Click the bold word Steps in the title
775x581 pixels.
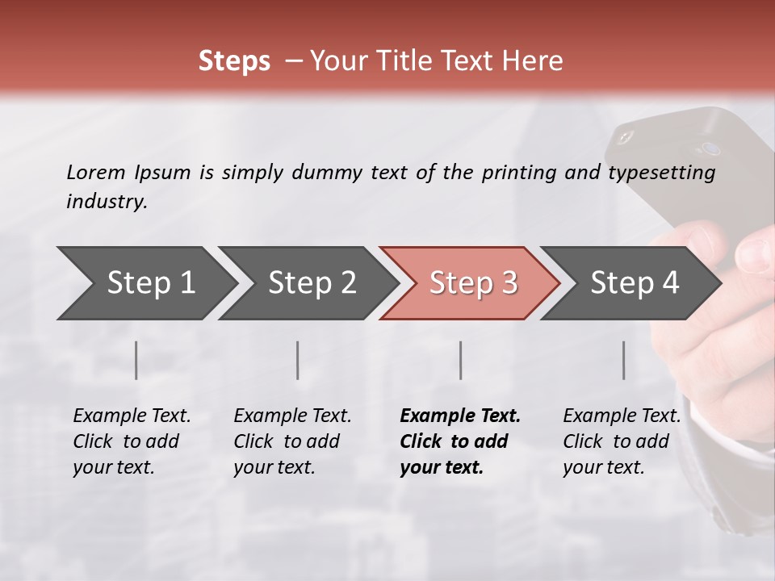point(234,61)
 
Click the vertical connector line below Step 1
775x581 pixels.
point(136,360)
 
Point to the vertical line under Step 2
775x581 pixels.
point(298,360)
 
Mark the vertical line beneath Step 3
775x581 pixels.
point(460,360)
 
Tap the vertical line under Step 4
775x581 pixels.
point(623,360)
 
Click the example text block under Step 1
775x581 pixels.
point(132,441)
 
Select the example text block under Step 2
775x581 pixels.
point(292,441)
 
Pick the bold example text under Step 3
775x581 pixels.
point(460,441)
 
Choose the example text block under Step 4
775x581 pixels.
point(622,441)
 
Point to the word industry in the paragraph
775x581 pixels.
point(107,202)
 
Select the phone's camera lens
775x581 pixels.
point(710,148)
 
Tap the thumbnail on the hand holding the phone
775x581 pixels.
point(756,257)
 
